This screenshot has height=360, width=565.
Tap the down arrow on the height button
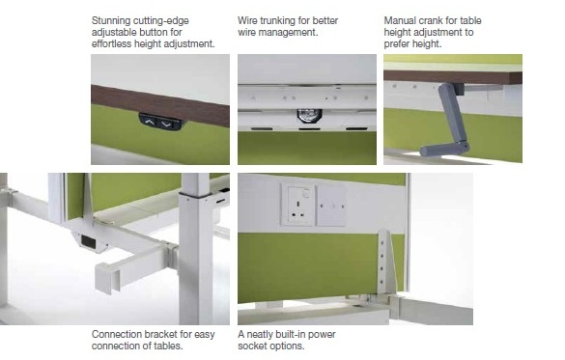pyautogui.click(x=166, y=125)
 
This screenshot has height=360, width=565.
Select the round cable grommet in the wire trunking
pyautogui.click(x=309, y=115)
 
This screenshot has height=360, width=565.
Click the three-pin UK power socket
pyautogui.click(x=297, y=206)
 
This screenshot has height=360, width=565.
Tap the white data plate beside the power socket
pyautogui.click(x=331, y=207)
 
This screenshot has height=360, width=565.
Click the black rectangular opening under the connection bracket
pyautogui.click(x=88, y=241)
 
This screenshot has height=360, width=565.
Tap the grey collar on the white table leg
pyautogui.click(x=195, y=195)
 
